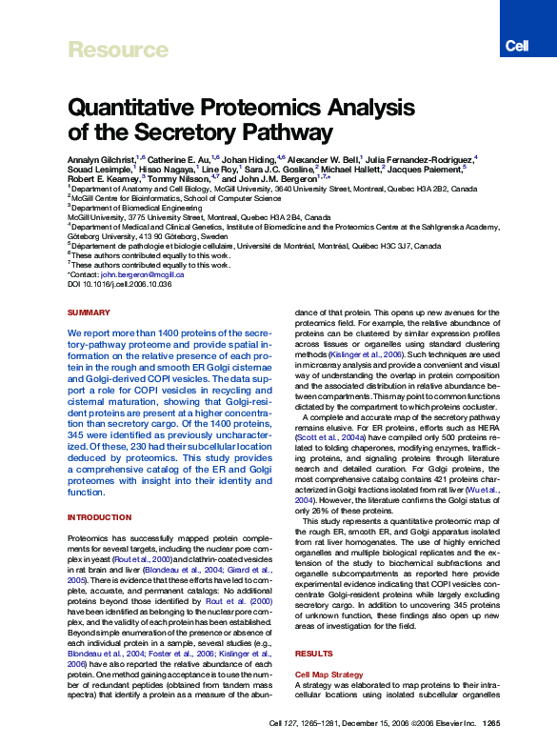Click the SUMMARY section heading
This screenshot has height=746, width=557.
(x=90, y=313)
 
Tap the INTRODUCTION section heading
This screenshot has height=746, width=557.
(x=99, y=517)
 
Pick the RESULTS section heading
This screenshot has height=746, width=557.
(x=313, y=655)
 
